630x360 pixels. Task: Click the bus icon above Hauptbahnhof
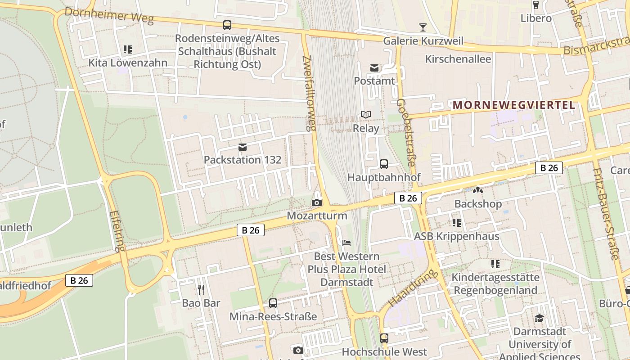pos(384,164)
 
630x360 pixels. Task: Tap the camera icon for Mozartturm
pos(317,203)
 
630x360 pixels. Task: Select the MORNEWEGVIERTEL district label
pos(513,105)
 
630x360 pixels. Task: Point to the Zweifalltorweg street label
pos(309,93)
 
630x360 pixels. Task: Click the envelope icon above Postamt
pos(374,68)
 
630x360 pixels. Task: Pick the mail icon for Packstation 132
pos(243,147)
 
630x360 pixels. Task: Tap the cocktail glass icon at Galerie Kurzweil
pos(423,27)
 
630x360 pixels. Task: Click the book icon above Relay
pos(366,115)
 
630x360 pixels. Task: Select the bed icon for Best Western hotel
pos(346,243)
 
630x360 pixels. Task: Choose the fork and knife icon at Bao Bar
pos(201,289)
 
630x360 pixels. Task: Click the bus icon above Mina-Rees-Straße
pos(273,303)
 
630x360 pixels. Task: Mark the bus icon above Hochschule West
pos(384,338)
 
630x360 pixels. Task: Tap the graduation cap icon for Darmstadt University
pos(539,319)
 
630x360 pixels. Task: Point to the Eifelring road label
pos(116,231)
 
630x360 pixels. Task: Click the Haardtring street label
pos(413,288)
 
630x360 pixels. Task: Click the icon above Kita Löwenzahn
pos(128,49)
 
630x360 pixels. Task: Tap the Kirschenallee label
pos(458,59)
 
